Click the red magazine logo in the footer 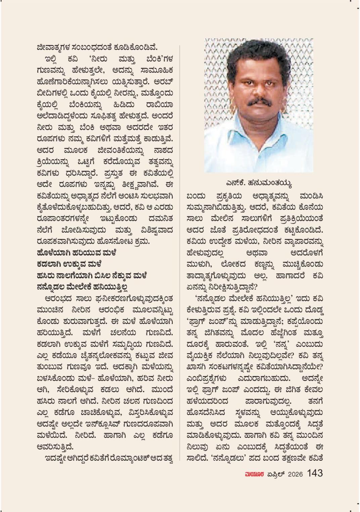(x=254, y=474)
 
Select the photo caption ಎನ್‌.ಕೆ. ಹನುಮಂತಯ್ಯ (x=259, y=184)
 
